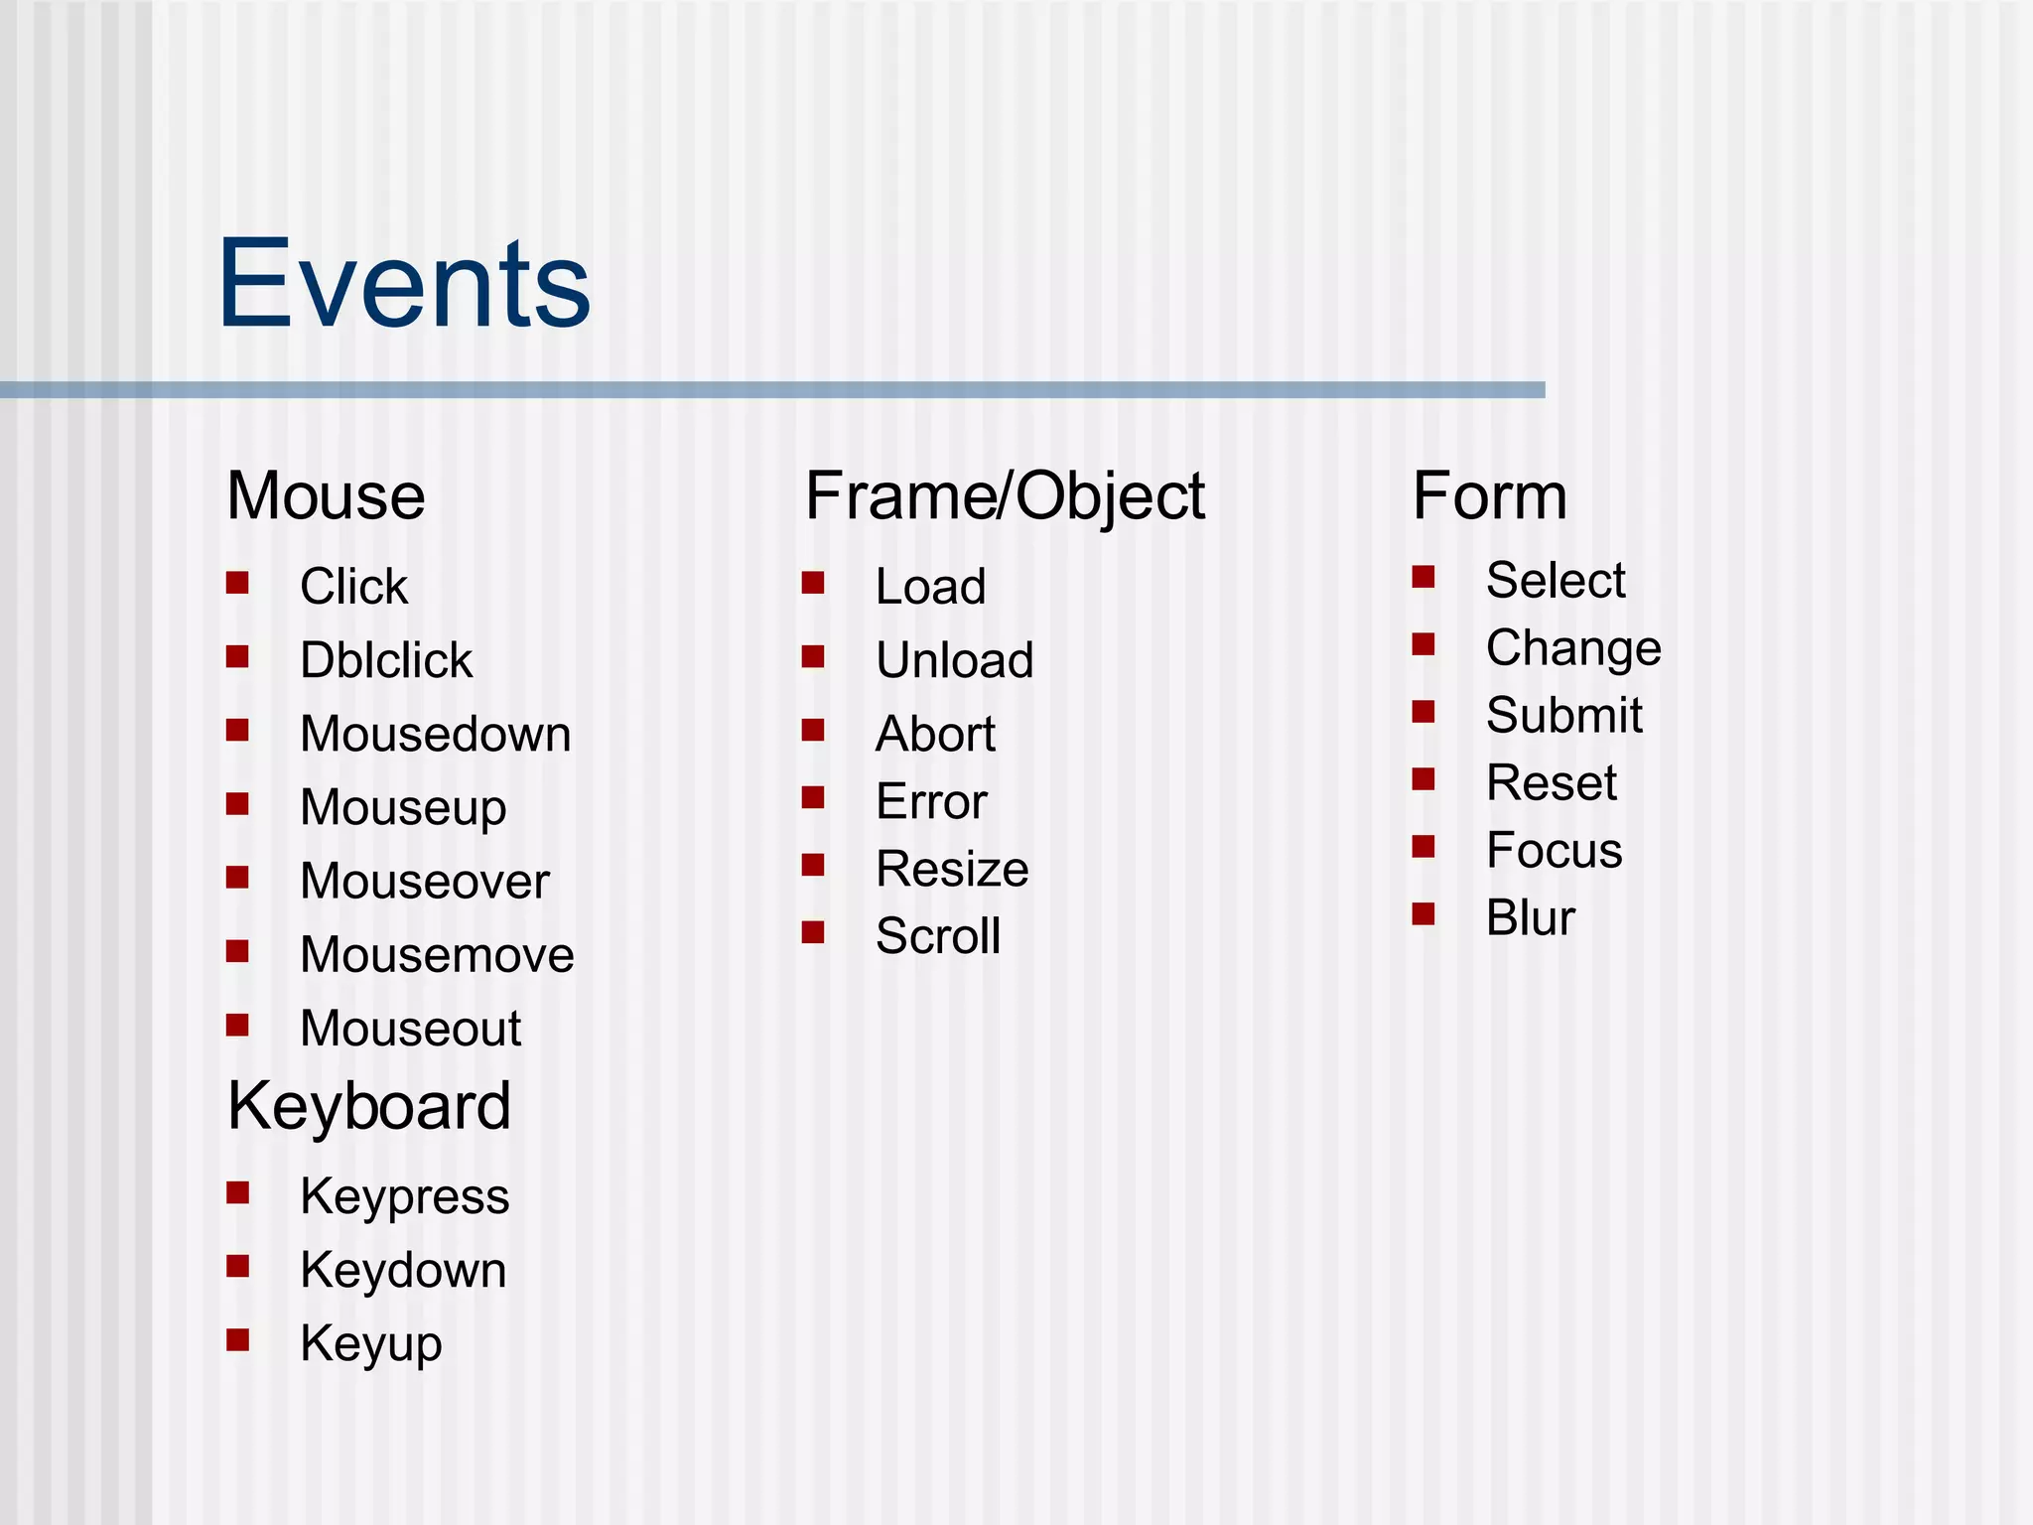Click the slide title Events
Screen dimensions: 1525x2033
pos(404,284)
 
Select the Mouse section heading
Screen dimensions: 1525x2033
pos(326,495)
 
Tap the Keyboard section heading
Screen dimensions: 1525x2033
pos(368,1106)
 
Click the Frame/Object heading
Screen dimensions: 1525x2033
pos(1004,495)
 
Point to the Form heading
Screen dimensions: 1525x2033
pos(1489,495)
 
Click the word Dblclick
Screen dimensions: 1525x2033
pos(386,660)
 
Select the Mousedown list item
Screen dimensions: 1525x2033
pos(435,734)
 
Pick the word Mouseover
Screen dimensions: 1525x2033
pos(424,881)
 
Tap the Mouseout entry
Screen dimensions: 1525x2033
pos(410,1028)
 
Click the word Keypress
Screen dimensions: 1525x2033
pos(404,1196)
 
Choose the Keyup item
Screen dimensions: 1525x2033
pos(370,1344)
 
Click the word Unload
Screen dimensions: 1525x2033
pos(954,660)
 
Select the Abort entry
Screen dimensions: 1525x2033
pos(935,734)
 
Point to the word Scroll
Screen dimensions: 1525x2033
pos(938,936)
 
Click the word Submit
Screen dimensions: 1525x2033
pos(1563,715)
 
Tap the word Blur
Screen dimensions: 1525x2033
pos(1530,917)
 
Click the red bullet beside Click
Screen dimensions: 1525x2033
pos(237,582)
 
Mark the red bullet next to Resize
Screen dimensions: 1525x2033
pos(813,865)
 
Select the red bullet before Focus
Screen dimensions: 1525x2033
pos(1423,846)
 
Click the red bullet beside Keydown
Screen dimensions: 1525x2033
pos(237,1266)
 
